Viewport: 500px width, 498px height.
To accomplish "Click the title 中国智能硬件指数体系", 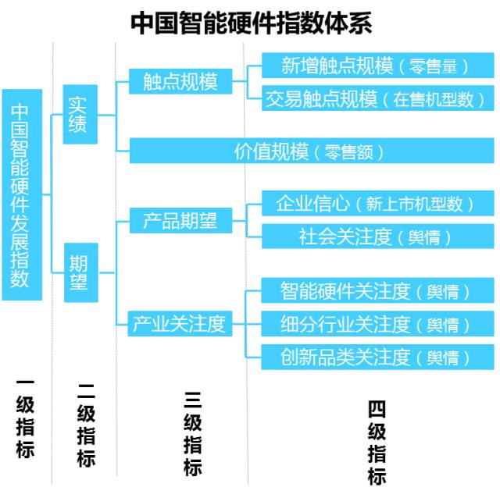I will tap(250, 21).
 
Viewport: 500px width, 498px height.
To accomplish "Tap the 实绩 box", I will tap(79, 114).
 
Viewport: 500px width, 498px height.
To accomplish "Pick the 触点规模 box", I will tap(180, 80).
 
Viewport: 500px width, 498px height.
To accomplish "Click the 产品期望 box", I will tap(180, 221).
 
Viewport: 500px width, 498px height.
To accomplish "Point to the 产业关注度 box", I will tap(180, 322).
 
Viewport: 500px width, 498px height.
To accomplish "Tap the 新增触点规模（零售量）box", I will tap(376, 66).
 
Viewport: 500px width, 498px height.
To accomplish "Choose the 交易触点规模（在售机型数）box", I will tap(376, 98).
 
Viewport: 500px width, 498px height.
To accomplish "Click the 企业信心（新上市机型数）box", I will tap(376, 205).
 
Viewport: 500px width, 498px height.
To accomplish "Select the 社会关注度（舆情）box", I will tap(376, 237).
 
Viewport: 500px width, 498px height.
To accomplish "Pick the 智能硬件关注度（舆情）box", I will tap(376, 292).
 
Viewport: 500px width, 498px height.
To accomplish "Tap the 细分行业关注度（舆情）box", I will tap(376, 324).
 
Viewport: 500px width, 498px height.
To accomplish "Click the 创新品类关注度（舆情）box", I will tap(376, 357).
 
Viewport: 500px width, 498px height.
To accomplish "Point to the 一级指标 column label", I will tap(25, 418).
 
